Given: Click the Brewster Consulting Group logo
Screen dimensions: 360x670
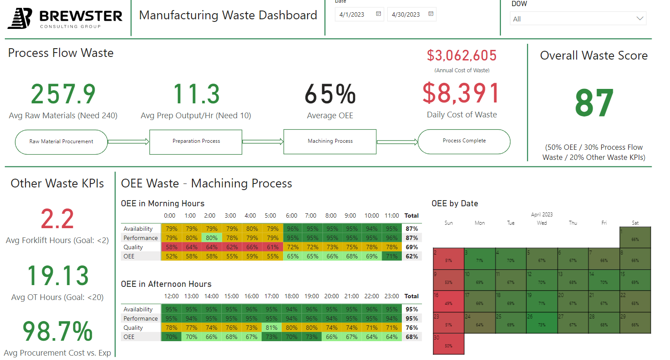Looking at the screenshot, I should (65, 18).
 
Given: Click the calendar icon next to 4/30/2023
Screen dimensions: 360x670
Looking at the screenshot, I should (431, 14).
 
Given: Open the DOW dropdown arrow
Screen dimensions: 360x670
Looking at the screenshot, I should (639, 18).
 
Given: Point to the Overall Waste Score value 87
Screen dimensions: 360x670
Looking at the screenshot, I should (594, 103).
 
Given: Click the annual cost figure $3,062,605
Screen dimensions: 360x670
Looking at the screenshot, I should (462, 56).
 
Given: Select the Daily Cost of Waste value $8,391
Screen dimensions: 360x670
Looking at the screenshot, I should (461, 93).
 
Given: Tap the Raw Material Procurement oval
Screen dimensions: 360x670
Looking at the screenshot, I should (61, 141).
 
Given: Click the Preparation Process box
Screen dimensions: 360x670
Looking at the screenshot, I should (196, 141).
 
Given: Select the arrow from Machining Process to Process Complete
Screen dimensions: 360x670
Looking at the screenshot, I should (397, 142).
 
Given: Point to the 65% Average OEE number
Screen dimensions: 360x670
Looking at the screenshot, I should (330, 94).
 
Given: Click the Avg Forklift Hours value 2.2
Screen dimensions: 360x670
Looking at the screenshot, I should (57, 219).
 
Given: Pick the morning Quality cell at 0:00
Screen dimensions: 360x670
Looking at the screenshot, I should (171, 247).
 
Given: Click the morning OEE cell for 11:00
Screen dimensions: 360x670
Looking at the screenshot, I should (392, 256).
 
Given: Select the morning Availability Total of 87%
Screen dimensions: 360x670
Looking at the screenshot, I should (411, 229).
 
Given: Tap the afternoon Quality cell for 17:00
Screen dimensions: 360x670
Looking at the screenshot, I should (271, 328).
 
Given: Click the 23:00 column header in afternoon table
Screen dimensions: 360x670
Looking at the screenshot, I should (391, 296).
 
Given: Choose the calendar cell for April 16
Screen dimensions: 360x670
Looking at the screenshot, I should (448, 301).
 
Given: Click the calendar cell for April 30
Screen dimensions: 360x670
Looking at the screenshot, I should (448, 344).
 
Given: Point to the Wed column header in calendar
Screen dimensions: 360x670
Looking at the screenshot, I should (542, 223).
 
